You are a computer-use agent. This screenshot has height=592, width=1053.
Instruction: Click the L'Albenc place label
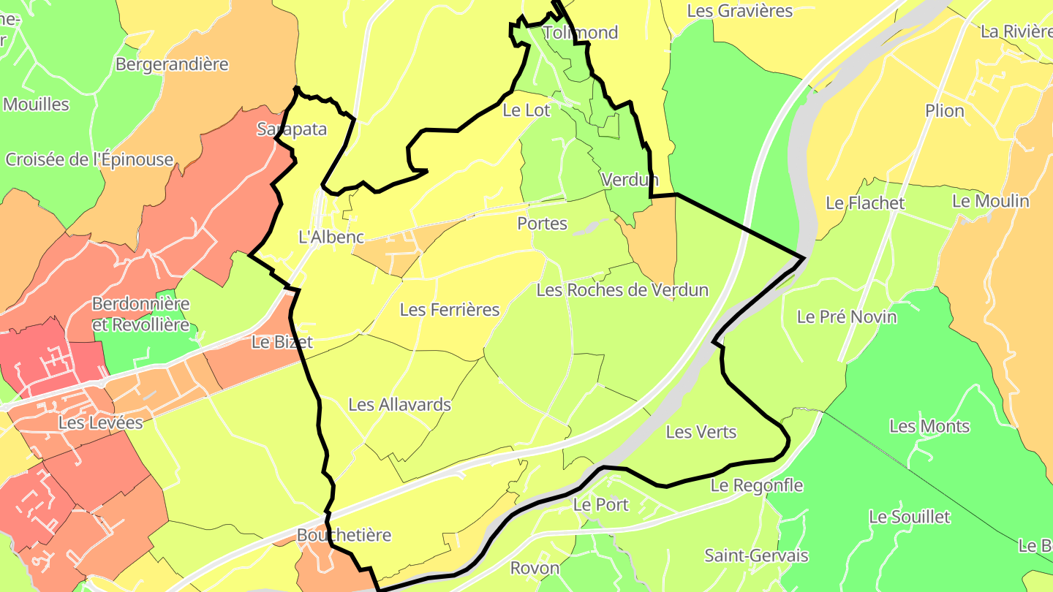point(331,237)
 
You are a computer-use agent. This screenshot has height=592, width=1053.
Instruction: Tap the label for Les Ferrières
point(450,309)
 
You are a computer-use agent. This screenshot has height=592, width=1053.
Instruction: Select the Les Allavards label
point(399,404)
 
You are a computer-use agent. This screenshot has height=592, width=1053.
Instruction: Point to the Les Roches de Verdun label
point(622,289)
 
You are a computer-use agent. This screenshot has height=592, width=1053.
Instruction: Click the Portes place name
point(542,223)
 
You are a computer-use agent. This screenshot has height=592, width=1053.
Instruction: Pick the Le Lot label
point(526,110)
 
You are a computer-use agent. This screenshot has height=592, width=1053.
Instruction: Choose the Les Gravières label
point(740,10)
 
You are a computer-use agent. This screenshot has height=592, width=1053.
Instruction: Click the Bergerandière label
point(172,64)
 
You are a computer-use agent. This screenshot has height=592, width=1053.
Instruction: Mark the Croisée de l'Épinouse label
point(89,159)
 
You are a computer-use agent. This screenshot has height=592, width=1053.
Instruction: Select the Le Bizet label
point(282,341)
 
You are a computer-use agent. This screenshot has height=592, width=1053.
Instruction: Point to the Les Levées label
point(101,422)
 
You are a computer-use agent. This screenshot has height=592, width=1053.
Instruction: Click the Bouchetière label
point(344,535)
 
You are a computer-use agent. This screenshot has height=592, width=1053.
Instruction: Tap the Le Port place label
point(600,504)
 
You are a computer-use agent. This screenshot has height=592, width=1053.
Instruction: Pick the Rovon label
point(535,568)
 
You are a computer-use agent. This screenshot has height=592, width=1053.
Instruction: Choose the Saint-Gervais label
point(756,555)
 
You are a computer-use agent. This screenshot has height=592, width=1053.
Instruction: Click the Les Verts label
point(701,432)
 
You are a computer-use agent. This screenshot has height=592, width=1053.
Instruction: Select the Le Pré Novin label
point(846,316)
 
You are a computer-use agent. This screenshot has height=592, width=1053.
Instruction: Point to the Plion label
point(945,110)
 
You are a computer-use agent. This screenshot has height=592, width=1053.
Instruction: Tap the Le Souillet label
point(909,517)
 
